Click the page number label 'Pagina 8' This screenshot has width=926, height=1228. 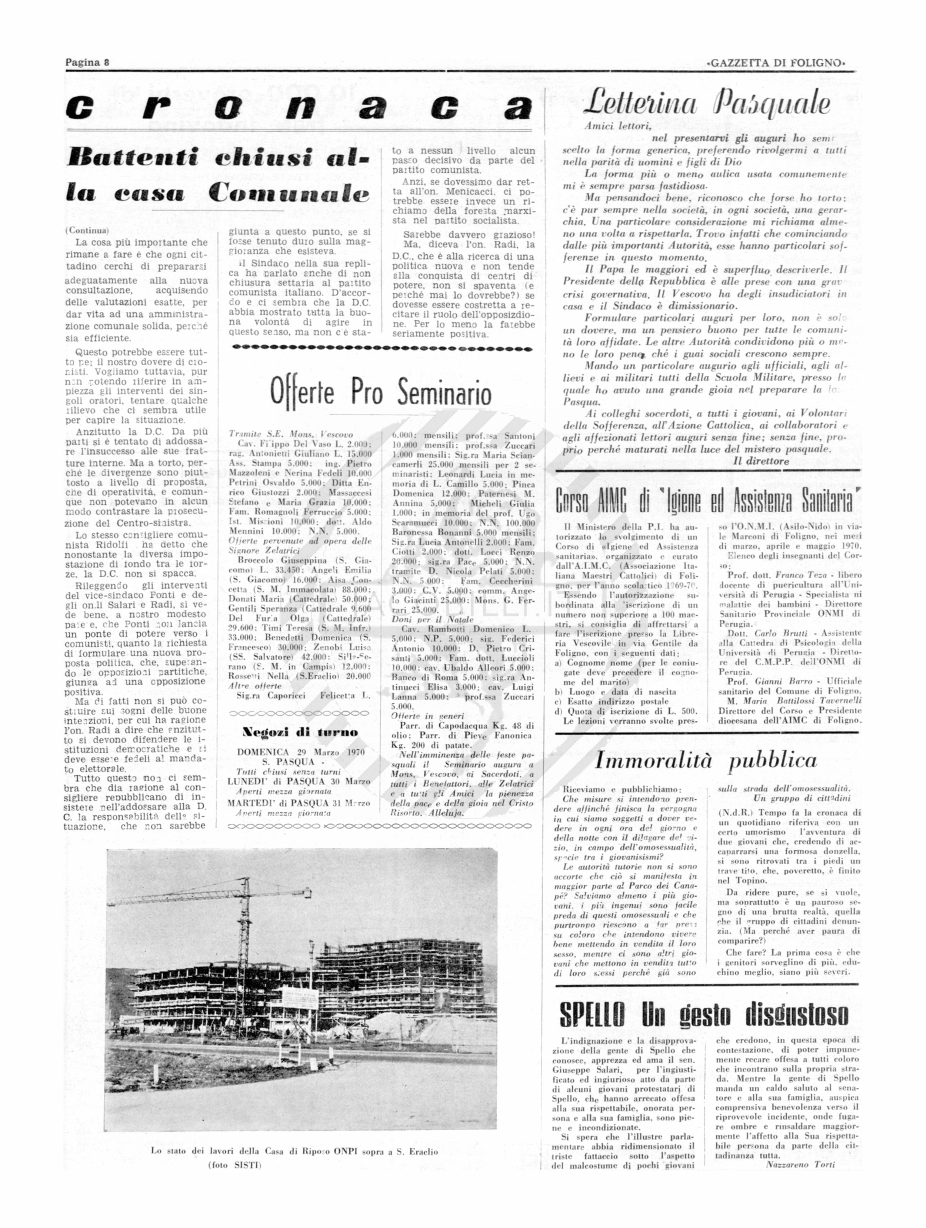[x=87, y=62]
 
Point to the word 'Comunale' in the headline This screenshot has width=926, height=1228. [x=289, y=193]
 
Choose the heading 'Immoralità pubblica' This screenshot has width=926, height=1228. [x=706, y=760]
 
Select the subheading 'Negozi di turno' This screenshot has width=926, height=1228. [x=300, y=732]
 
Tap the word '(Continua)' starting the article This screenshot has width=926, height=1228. [x=87, y=230]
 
